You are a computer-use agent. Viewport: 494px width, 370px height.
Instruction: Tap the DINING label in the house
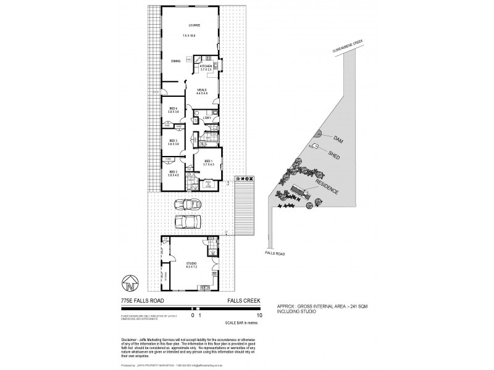[x=176, y=61]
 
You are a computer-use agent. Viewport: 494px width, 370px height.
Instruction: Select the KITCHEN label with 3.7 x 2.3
[x=206, y=66]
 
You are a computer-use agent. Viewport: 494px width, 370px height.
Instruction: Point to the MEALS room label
[x=202, y=89]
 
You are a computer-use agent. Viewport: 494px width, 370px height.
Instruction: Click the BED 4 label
[x=174, y=109]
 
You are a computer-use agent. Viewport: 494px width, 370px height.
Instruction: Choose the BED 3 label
[x=174, y=141]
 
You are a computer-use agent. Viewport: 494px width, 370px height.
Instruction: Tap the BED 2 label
[x=174, y=172]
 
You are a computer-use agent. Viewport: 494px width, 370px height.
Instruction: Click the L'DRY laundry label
[x=207, y=118]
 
